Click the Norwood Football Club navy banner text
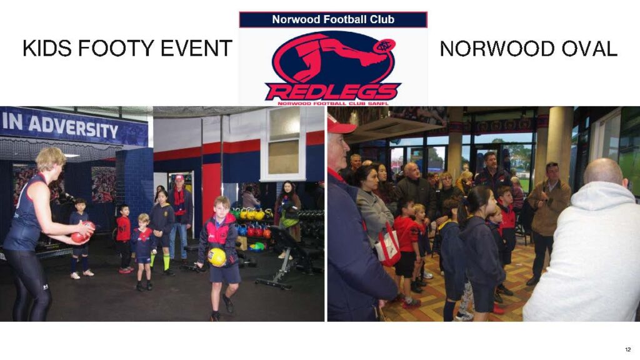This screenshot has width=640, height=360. tap(333, 19)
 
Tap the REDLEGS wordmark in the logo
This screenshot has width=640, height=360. tap(332, 91)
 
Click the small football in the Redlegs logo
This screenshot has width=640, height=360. tap(384, 46)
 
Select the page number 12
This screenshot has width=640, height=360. tap(627, 349)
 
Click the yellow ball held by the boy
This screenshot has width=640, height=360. tap(217, 257)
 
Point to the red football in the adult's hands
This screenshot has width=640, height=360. tap(82, 232)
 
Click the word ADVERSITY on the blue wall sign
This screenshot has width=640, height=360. tap(72, 127)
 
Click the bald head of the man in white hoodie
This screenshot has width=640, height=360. tap(605, 172)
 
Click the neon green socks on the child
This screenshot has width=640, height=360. tap(161, 261)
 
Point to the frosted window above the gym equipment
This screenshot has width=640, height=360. tap(284, 144)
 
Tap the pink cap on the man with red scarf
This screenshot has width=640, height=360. tap(179, 178)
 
